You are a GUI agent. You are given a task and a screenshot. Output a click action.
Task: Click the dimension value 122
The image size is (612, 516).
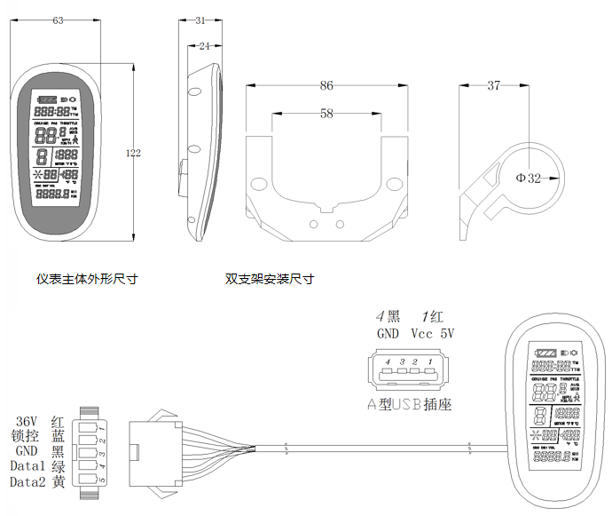click(x=133, y=154)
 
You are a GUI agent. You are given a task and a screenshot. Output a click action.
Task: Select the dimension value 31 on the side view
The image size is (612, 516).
click(x=200, y=20)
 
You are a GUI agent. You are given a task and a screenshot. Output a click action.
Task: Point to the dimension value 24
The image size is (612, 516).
click(x=204, y=45)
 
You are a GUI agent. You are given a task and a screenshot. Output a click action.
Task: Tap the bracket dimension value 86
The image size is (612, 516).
click(x=326, y=86)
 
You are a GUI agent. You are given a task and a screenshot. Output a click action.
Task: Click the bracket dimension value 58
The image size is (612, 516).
click(x=326, y=114)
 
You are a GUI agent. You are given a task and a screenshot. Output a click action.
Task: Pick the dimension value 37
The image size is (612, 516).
click(x=493, y=86)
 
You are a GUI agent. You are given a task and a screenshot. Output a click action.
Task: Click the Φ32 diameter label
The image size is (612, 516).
click(x=529, y=178)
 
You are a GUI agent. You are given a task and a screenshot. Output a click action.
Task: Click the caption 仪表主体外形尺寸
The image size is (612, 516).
click(x=87, y=279)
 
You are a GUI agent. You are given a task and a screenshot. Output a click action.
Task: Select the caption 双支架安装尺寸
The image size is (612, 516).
click(x=269, y=279)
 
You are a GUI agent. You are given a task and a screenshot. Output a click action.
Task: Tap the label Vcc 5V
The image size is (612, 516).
click(x=432, y=335)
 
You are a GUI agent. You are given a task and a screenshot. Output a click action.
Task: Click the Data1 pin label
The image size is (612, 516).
click(x=26, y=466)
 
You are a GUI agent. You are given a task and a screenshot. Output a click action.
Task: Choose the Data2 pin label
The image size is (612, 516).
click(x=26, y=482)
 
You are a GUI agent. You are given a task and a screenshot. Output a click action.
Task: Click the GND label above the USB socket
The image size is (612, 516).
click(x=388, y=335)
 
